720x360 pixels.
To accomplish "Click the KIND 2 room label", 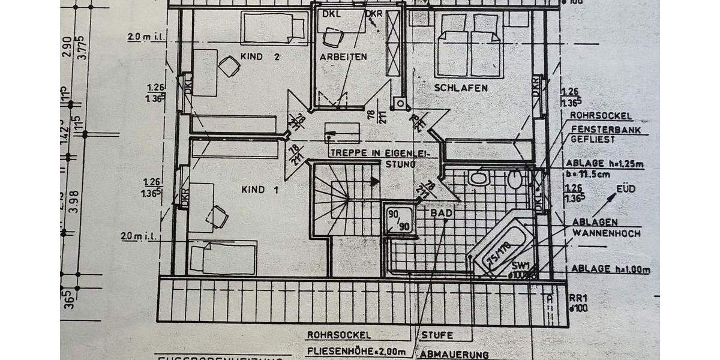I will click(260, 57).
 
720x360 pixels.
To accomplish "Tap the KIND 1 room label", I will click(260, 190).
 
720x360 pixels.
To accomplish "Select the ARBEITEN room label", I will click(343, 57).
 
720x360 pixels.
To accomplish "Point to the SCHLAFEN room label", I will click(461, 88).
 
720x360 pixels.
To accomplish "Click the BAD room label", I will click(441, 212).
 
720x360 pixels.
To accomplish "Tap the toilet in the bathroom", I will click(515, 178).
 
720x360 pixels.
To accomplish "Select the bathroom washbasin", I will click(478, 178).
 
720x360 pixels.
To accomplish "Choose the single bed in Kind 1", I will click(223, 258).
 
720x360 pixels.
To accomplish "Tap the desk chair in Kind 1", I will click(218, 215).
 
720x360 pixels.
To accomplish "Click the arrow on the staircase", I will click(374, 181).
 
